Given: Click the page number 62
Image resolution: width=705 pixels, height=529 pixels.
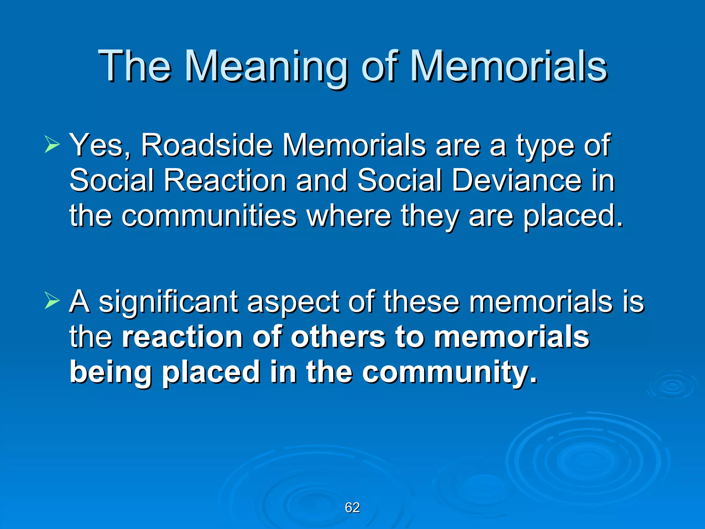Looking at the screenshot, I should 352,507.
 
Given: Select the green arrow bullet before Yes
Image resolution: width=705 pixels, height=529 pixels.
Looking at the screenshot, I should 52,145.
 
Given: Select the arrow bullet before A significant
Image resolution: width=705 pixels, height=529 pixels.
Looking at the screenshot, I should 52,301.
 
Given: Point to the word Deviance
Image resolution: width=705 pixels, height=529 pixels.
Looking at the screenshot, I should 516,180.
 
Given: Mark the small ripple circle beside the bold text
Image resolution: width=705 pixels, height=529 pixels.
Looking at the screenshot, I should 672,386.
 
